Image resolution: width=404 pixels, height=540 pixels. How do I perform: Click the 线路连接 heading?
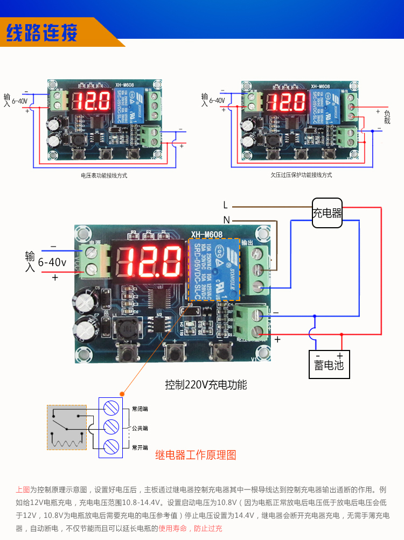tap(41, 33)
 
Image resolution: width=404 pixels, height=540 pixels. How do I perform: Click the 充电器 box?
tap(328, 213)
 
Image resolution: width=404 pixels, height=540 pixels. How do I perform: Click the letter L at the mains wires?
tap(226, 205)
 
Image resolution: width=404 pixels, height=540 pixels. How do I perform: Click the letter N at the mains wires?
tap(226, 220)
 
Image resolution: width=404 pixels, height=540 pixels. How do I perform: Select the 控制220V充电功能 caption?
tap(206, 385)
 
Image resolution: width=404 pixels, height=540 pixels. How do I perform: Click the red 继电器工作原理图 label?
tap(196, 455)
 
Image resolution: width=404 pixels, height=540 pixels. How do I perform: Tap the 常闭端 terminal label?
tap(140, 409)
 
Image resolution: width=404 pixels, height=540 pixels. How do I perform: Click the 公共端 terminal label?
tap(140, 429)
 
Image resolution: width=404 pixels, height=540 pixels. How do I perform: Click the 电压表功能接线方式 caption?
tap(104, 176)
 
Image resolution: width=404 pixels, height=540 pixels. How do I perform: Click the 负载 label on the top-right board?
tap(387, 117)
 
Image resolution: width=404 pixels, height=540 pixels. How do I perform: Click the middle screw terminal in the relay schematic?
tap(111, 427)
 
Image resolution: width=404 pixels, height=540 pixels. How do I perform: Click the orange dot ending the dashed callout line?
tap(123, 394)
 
